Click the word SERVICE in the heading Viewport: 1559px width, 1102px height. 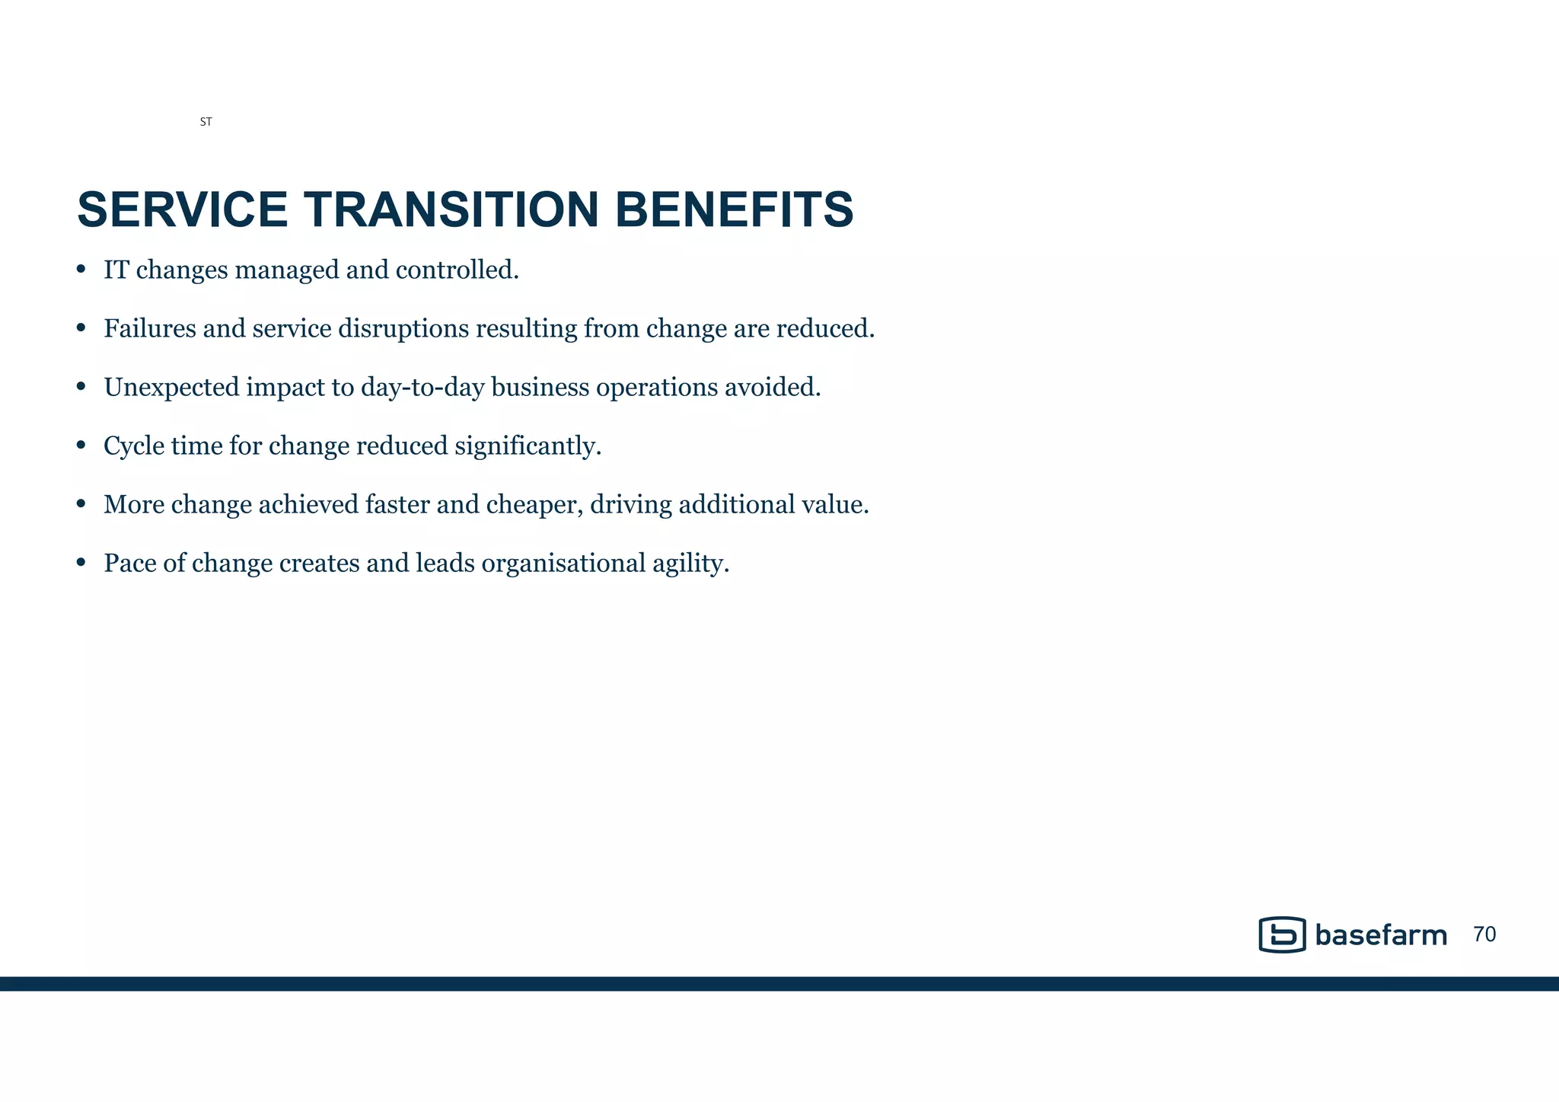(x=183, y=209)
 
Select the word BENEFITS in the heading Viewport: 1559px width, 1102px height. (x=734, y=209)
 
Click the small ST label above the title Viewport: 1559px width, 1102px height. (x=206, y=122)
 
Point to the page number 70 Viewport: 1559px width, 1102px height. (x=1484, y=934)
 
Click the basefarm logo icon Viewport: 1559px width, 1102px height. (x=1282, y=934)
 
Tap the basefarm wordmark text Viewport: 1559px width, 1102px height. (x=1381, y=935)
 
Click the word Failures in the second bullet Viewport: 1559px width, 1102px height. (x=149, y=328)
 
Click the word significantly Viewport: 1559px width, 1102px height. (x=528, y=446)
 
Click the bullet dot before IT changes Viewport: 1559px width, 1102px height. (x=81, y=270)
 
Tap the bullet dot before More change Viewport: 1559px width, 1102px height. (x=81, y=504)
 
